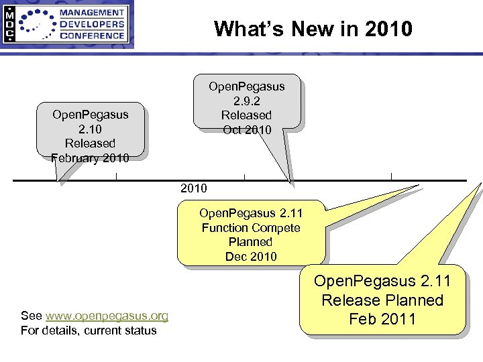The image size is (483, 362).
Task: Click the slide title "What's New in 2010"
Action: coord(313,29)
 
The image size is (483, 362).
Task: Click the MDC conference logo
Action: coord(66,24)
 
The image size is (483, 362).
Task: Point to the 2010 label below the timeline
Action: coord(194,189)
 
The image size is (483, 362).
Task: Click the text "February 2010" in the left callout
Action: coord(90,158)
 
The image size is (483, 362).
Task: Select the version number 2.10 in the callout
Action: coord(90,129)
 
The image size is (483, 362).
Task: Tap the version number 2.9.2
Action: coord(247,101)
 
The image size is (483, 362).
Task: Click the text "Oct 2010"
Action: coord(247,129)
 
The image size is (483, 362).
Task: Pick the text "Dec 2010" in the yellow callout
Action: coord(251,256)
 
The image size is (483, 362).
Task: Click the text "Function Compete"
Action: coord(251,228)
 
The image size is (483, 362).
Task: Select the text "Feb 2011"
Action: coord(382,319)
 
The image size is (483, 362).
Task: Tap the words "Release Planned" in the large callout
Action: coord(382,300)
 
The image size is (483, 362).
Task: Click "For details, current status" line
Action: coord(89,330)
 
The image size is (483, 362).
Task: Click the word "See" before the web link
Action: coord(31,316)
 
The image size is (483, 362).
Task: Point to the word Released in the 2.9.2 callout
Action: coord(247,115)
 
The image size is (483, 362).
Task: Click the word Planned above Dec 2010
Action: coord(251,242)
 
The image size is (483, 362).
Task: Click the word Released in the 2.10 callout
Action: coord(90,143)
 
